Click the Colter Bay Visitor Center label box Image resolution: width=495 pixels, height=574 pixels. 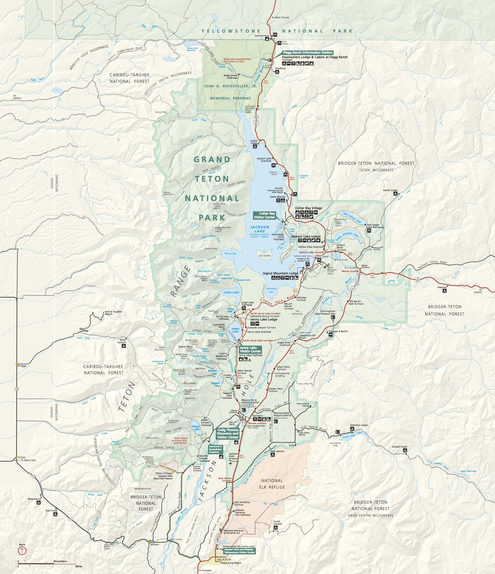tap(264, 215)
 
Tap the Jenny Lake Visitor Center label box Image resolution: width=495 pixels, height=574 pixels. tap(250, 349)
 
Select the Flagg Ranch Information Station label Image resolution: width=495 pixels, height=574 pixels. tap(307, 52)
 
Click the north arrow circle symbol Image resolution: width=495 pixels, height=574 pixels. tap(22, 550)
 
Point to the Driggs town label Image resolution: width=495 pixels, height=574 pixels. tap(22, 366)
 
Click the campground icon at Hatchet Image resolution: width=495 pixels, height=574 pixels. tap(444, 291)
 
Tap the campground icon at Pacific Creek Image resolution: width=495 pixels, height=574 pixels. tap(395, 194)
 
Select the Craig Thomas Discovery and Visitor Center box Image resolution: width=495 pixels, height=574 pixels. tap(228, 434)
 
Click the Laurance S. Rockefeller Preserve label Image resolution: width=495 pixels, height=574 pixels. tap(215, 449)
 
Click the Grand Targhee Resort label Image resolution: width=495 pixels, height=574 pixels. tap(113, 313)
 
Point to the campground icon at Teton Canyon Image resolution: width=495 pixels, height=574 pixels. tap(124, 346)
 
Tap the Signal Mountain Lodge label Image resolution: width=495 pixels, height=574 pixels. tap(280, 273)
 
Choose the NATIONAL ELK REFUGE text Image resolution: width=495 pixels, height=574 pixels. tap(272, 484)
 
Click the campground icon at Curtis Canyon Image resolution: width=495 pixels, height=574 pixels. tap(275, 528)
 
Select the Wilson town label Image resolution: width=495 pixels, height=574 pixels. tap(154, 544)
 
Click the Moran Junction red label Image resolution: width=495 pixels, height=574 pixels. tap(350, 271)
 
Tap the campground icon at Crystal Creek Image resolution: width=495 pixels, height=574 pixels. tap(405, 451)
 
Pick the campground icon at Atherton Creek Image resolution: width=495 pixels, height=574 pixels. tap(352, 429)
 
